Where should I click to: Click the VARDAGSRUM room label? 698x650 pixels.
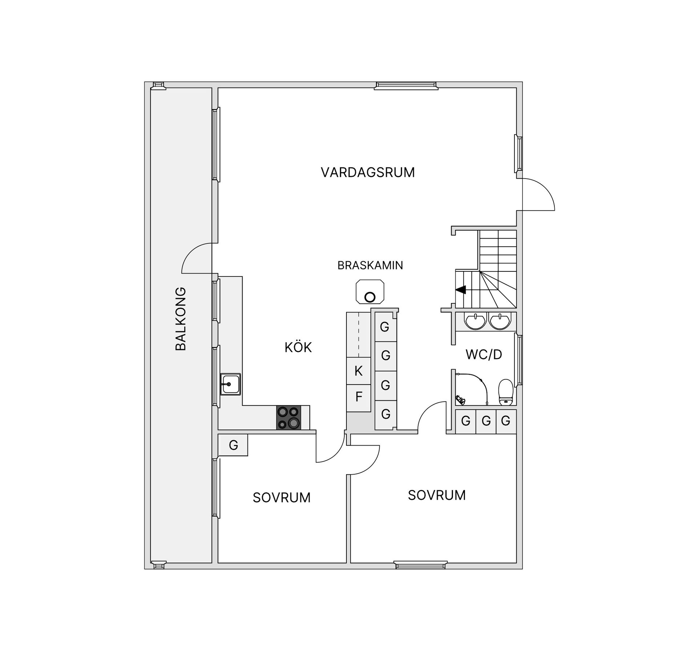point(368,172)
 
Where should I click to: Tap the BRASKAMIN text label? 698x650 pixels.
point(370,266)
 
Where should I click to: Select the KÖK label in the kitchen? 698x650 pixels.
point(298,348)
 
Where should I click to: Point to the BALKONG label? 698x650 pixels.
point(181,319)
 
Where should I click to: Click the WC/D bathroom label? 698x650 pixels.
point(484,354)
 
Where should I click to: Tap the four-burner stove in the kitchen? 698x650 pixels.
point(289,418)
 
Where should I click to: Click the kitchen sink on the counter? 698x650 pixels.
point(230,384)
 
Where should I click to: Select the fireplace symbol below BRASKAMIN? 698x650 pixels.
point(370,292)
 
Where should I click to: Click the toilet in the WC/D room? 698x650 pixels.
point(505,392)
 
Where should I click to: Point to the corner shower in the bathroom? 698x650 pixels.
point(470,390)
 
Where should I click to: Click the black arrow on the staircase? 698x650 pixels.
point(461,290)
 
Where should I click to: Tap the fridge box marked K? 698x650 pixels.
point(358,371)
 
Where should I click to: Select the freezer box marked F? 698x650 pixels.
point(358,397)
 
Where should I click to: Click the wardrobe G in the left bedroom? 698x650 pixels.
point(233,445)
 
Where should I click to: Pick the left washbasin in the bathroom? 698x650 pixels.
point(475,321)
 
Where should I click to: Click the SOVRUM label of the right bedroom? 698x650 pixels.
point(437,495)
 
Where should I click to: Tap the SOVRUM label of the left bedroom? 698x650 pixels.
point(282,498)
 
